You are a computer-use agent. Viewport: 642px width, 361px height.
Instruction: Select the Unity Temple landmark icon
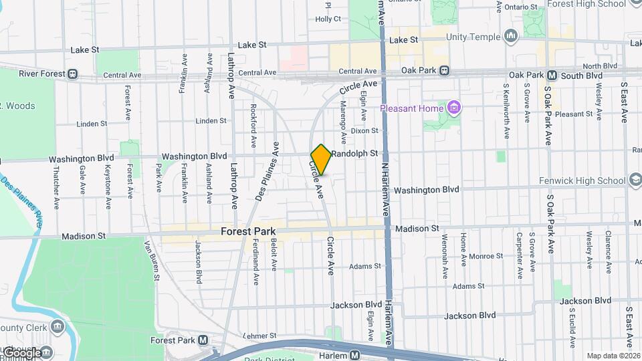[x=512, y=35]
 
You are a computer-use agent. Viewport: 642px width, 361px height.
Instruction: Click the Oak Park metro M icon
[x=552, y=76]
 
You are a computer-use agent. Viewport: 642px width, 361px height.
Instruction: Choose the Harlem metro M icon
[x=355, y=355]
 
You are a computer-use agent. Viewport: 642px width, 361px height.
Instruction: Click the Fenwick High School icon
[x=633, y=180]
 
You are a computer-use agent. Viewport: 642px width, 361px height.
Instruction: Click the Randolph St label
[x=354, y=153]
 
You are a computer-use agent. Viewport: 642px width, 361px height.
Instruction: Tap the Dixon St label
[x=364, y=131]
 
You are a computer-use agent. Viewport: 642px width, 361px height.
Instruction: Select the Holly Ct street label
[x=328, y=19]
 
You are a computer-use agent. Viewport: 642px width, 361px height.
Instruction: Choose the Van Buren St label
[x=151, y=261]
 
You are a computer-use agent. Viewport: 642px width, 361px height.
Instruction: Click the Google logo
[x=21, y=353]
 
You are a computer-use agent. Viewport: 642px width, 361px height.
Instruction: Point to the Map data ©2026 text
[x=613, y=356]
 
